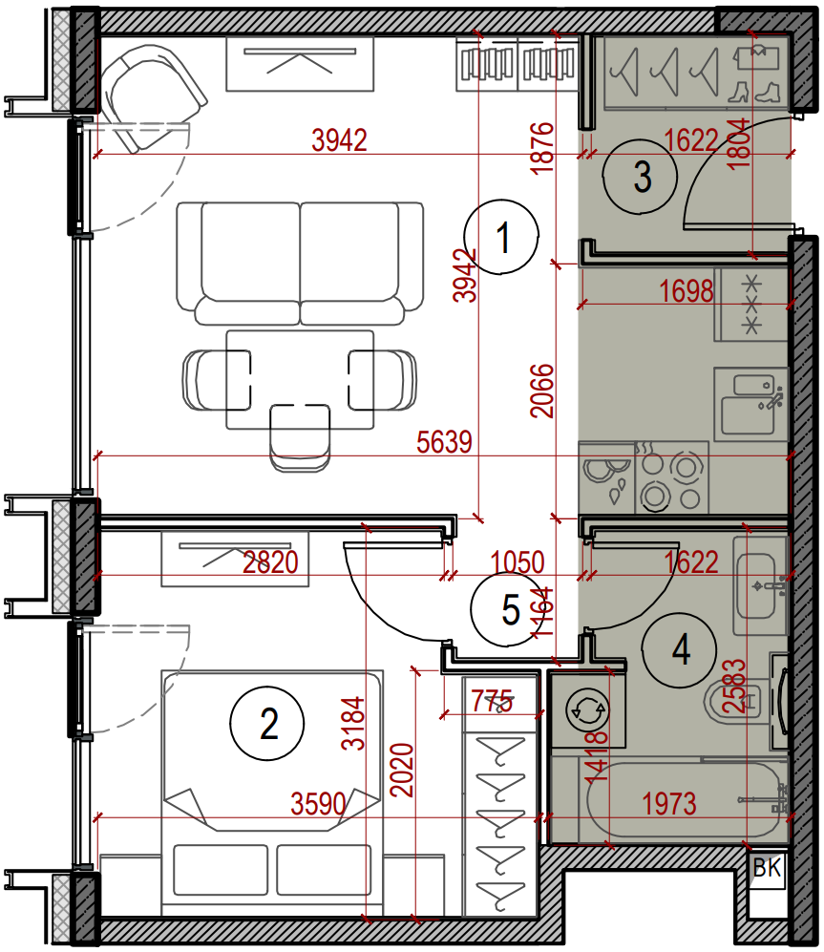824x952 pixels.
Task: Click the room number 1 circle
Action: click(501, 237)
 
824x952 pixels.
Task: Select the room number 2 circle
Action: click(267, 724)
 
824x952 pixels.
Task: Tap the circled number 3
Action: click(640, 176)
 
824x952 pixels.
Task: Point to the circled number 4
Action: click(680, 649)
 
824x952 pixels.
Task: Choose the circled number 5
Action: click(509, 609)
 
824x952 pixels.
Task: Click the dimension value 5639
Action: click(445, 442)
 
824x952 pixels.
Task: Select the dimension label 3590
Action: click(319, 804)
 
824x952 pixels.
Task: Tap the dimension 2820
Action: click(271, 562)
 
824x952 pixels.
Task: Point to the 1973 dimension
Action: click(669, 804)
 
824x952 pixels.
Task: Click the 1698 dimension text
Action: click(687, 291)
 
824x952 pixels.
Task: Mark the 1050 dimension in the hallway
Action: click(518, 562)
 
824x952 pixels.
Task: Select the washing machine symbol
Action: click(586, 709)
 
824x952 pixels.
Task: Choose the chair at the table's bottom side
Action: click(300, 438)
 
